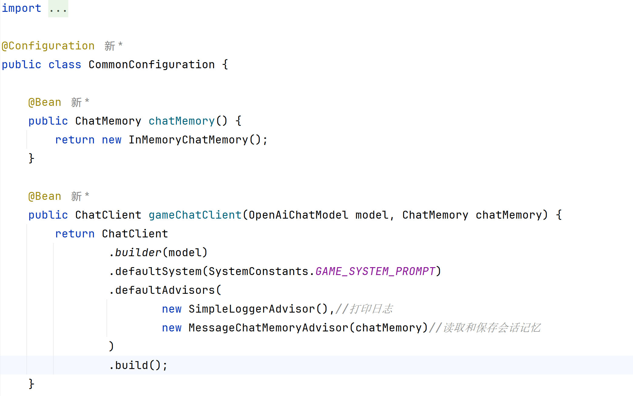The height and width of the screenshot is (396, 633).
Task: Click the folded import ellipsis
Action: [x=58, y=8]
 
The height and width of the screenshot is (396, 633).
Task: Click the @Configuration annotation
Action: [x=48, y=46]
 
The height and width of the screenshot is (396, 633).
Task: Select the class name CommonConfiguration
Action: [x=151, y=65]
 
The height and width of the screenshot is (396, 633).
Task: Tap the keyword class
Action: [x=65, y=65]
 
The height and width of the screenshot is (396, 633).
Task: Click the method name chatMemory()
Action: [x=181, y=121]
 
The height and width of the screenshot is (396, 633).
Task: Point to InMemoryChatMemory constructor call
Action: [x=188, y=140]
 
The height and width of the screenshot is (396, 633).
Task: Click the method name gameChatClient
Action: [x=195, y=215]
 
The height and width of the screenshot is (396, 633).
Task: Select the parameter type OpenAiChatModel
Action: [x=298, y=215]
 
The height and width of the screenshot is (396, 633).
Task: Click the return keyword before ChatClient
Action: [x=75, y=234]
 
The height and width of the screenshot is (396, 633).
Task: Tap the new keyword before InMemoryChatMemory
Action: [x=111, y=140]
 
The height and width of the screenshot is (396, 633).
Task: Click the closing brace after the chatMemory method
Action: [x=31, y=159]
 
